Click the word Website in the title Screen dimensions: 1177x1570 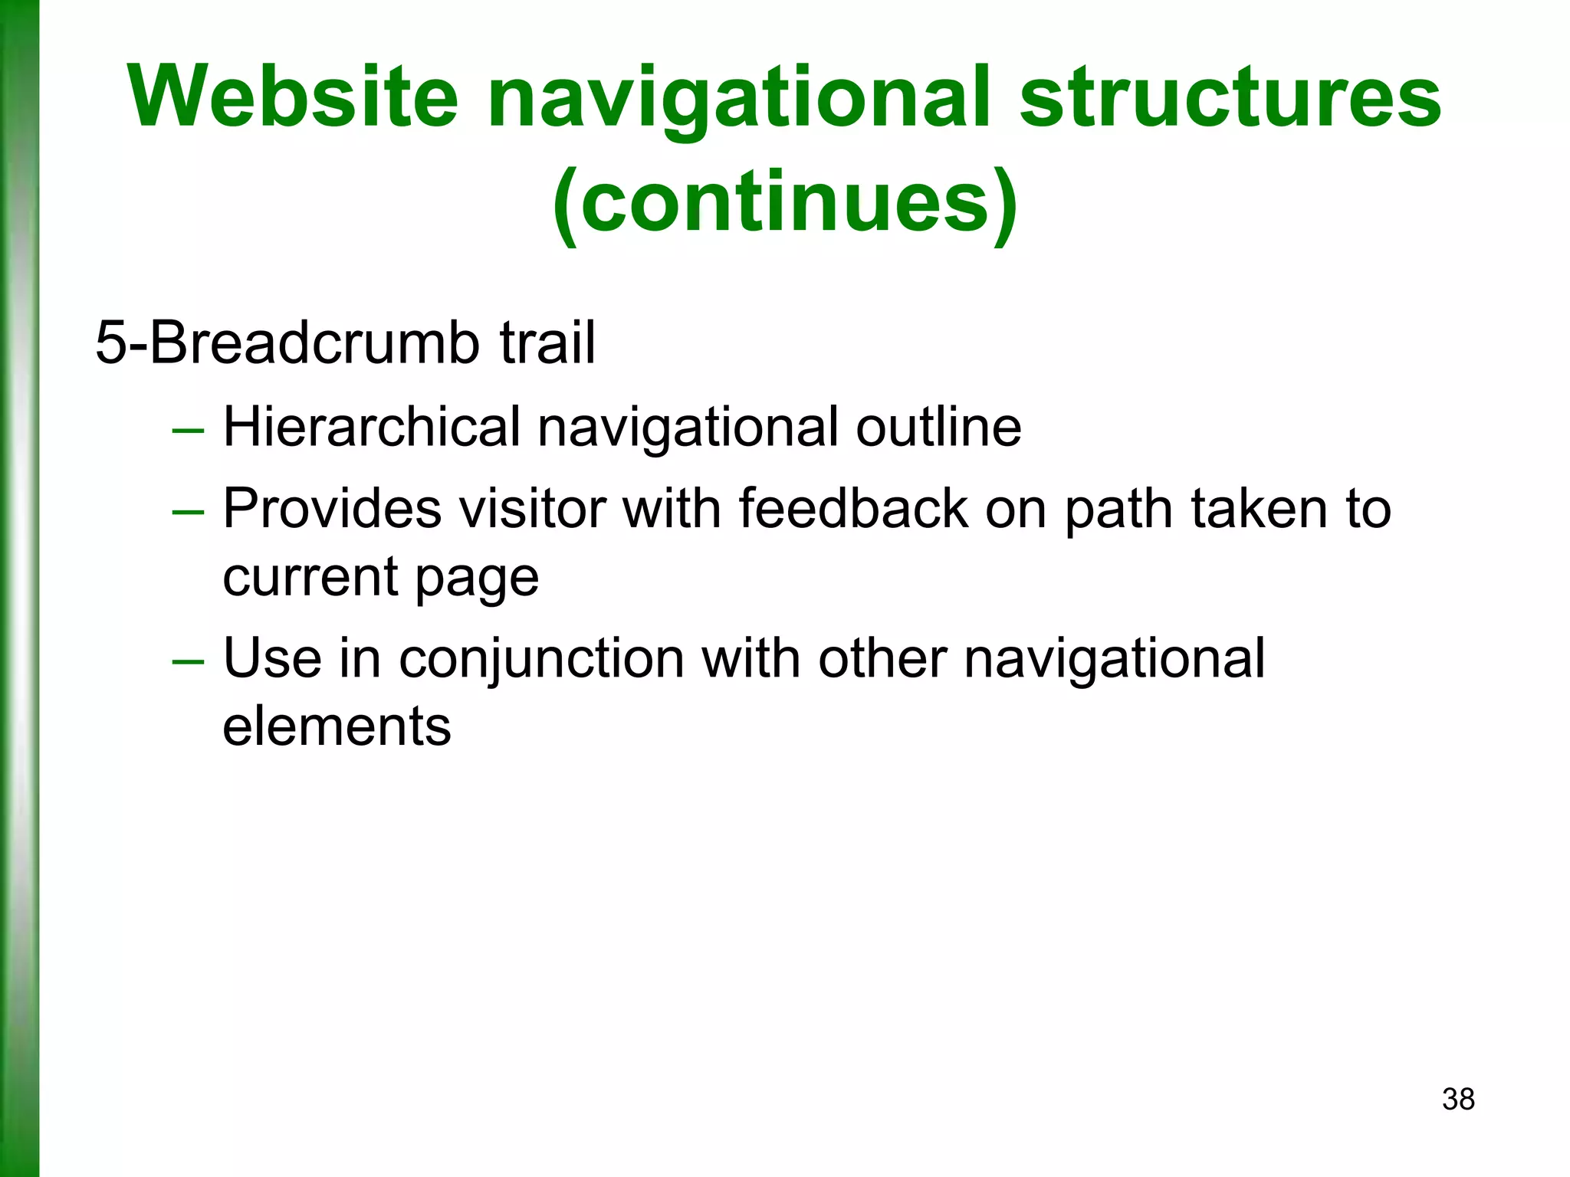294,97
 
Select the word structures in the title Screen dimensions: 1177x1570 1230,97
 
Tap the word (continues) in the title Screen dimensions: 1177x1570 784,203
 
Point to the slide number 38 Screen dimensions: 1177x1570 1458,1099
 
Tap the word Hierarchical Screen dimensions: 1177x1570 372,427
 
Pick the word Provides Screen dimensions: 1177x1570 332,508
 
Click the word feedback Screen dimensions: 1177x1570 853,508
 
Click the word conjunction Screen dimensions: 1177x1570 541,659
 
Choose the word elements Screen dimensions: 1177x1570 337,726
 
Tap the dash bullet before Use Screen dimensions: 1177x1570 188,662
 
